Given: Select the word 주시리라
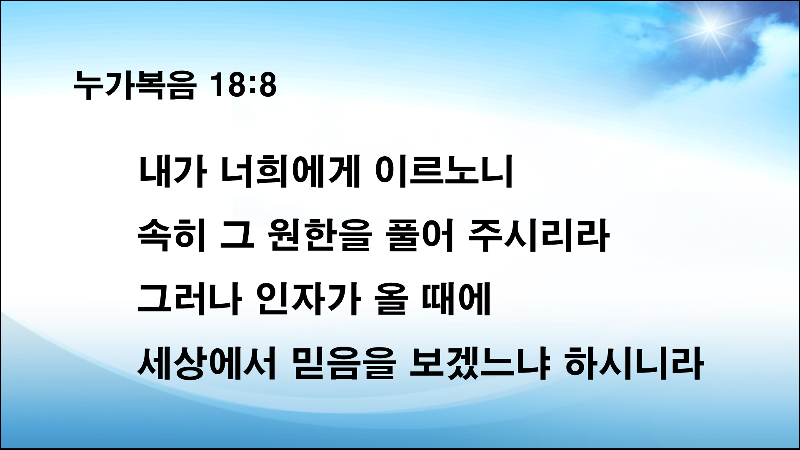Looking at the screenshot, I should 537,236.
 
